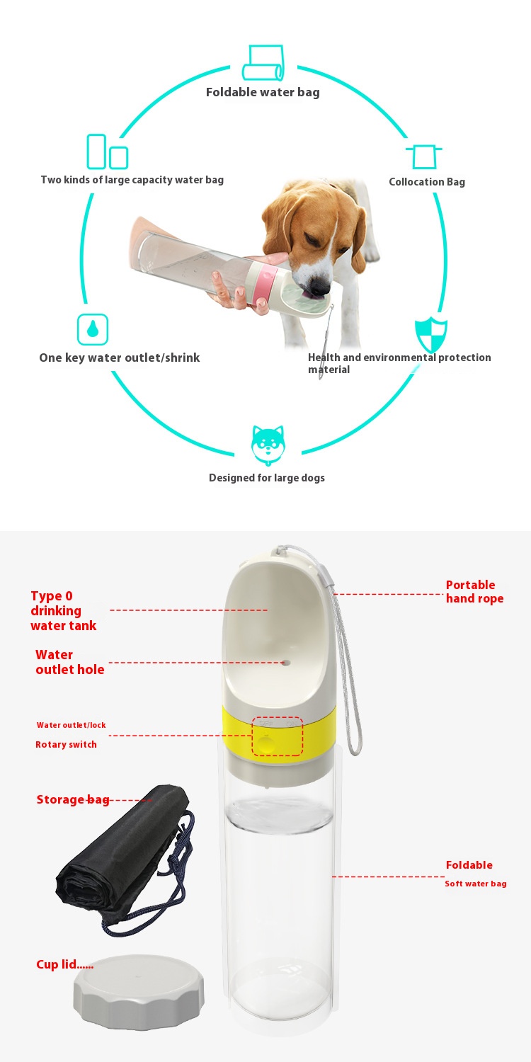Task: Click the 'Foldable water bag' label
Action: (263, 92)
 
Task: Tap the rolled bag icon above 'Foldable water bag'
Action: (263, 63)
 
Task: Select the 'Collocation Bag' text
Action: (427, 181)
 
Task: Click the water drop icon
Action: (93, 329)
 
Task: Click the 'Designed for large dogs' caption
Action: (267, 478)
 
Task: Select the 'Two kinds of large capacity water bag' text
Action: (132, 180)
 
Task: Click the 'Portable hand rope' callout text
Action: (474, 591)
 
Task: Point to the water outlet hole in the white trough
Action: (285, 663)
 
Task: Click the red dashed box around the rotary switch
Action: (278, 736)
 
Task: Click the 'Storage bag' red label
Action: (73, 800)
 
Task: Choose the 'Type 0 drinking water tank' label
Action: (64, 610)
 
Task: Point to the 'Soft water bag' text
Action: (476, 884)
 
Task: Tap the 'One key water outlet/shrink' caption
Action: (120, 358)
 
